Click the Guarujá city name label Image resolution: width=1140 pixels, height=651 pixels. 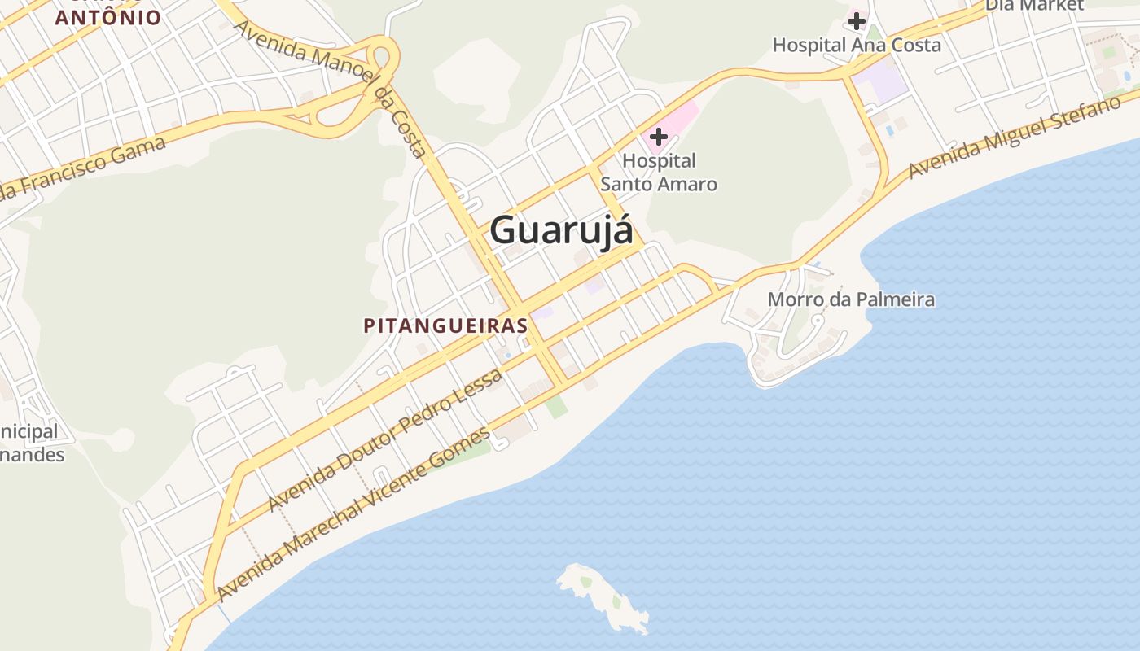point(561,230)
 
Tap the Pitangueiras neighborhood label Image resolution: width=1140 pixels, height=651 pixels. point(445,325)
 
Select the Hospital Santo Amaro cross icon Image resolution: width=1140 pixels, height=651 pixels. point(659,136)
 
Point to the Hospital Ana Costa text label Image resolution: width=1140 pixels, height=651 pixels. point(857,45)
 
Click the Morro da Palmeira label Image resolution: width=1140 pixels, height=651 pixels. point(851,299)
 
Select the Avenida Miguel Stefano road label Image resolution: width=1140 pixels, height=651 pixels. point(1023,136)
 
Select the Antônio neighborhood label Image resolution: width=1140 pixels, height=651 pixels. point(108,17)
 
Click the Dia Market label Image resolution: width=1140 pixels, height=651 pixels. point(1035,6)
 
